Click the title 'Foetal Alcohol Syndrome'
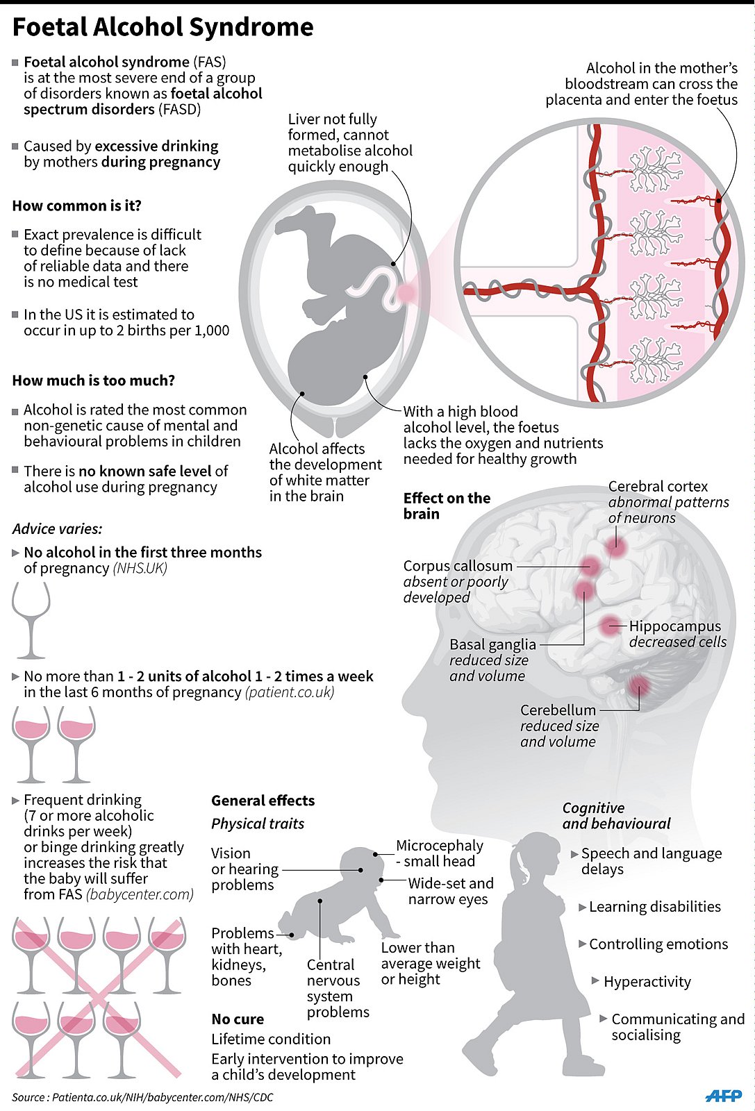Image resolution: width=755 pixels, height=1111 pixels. point(163,28)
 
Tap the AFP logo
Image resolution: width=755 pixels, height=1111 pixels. point(723,1096)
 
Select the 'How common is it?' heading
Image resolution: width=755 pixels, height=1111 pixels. point(76,206)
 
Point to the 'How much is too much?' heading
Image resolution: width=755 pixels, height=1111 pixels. point(93,381)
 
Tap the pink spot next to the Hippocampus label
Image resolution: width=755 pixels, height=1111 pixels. point(610,625)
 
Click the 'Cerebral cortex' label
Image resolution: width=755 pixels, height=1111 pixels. point(658,486)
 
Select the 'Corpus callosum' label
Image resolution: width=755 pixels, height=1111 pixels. point(458,566)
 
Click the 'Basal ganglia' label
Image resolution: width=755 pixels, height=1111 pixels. point(492,644)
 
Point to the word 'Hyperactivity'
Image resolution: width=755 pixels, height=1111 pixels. point(647,982)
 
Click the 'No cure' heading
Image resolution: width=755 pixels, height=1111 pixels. point(238,1019)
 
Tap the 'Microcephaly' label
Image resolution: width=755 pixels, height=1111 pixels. point(439,846)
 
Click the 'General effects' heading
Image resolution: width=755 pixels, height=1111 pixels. point(263,801)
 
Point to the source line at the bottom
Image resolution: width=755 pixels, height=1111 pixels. point(142,1098)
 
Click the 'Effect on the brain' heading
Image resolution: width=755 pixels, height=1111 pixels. point(447,506)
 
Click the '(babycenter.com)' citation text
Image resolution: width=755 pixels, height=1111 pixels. point(140,894)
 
